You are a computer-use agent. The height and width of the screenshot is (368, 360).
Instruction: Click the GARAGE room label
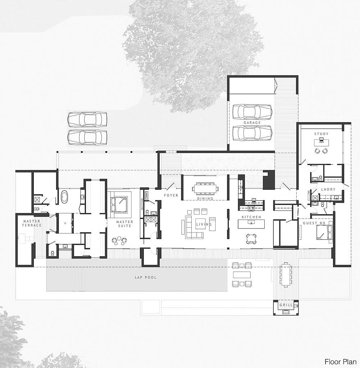point(252,123)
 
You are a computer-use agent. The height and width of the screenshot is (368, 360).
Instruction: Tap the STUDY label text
point(321,134)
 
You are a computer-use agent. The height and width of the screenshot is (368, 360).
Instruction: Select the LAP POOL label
point(146,277)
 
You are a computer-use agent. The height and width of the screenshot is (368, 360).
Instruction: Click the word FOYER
point(171,195)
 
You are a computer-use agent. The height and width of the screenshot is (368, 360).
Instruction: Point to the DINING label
point(205,198)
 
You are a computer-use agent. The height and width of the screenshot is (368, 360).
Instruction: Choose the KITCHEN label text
point(251,217)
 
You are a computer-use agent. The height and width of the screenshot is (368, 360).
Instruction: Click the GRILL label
point(286,305)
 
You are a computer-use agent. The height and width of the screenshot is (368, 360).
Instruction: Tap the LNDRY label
point(328,189)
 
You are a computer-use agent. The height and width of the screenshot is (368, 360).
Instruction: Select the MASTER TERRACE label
point(32,223)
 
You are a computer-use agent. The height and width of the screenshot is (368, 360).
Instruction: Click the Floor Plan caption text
point(340,362)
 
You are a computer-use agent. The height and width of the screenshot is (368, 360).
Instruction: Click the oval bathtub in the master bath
point(65,197)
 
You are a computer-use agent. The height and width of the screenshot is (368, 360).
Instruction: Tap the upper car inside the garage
point(252,111)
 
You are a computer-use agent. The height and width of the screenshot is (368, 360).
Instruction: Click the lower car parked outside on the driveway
point(87,137)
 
